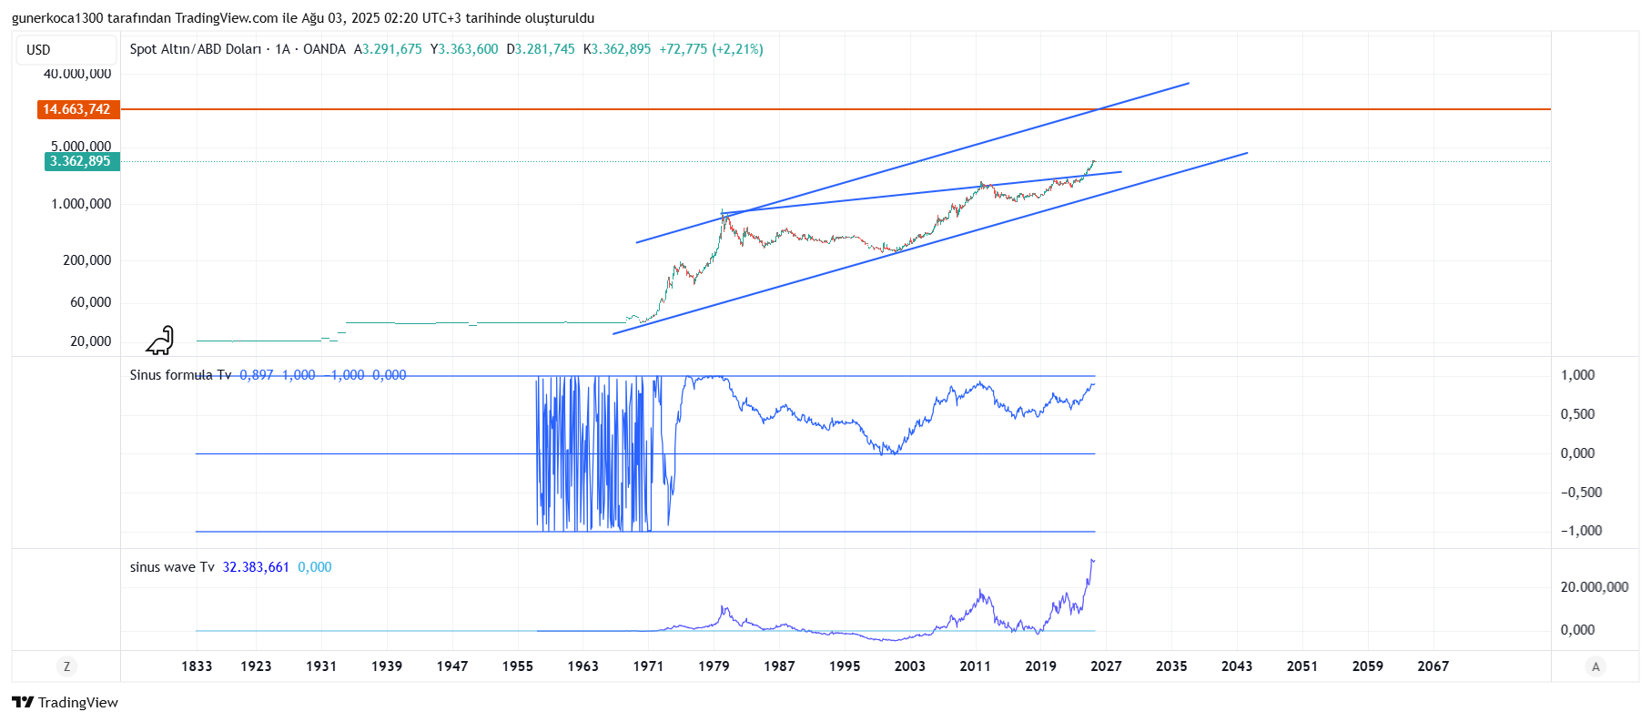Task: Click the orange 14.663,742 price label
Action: pyautogui.click(x=77, y=109)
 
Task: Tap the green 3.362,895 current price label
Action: pyautogui.click(x=80, y=161)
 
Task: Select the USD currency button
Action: pyautogui.click(x=38, y=50)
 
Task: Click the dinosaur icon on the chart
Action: pyautogui.click(x=160, y=341)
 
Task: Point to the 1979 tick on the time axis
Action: pyautogui.click(x=714, y=666)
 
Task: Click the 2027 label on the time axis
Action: pyautogui.click(x=1106, y=666)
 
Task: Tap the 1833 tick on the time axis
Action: pyautogui.click(x=197, y=666)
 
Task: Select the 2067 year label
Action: pyautogui.click(x=1433, y=666)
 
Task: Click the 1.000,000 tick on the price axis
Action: pyautogui.click(x=81, y=204)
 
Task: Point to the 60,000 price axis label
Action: pyautogui.click(x=90, y=302)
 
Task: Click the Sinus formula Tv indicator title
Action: pyautogui.click(x=180, y=375)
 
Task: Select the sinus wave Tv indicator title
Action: pyautogui.click(x=172, y=567)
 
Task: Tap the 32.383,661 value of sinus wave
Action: pyautogui.click(x=256, y=567)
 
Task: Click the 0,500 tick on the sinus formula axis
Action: pyautogui.click(x=1577, y=414)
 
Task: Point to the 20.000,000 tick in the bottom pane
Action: pyautogui.click(x=1594, y=587)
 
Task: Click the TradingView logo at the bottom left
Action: pyautogui.click(x=66, y=702)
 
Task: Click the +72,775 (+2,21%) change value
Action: pyautogui.click(x=711, y=49)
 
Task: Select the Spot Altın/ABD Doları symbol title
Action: pyautogui.click(x=195, y=49)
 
